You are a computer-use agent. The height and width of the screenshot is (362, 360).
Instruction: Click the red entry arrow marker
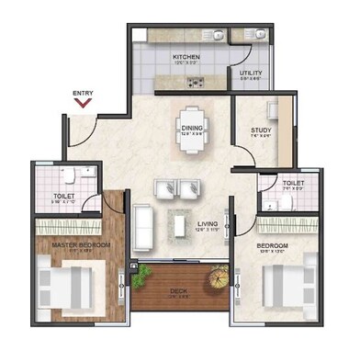[84, 103]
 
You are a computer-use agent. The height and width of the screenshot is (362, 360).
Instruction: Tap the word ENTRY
[84, 92]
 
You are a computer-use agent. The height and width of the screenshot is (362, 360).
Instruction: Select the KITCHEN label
[186, 57]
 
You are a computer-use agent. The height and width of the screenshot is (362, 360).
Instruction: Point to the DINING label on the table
[191, 129]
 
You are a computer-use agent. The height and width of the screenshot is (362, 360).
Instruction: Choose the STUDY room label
[261, 130]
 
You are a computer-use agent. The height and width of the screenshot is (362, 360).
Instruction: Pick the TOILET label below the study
[293, 183]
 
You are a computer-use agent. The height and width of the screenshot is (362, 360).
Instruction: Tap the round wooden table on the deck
[217, 276]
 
